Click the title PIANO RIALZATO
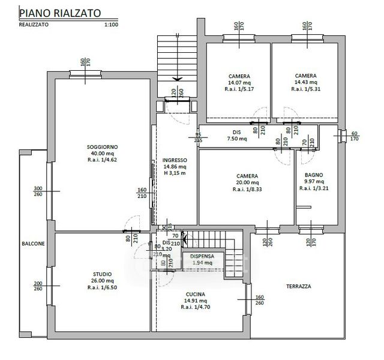click(x=59, y=11)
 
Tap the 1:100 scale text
click(x=111, y=25)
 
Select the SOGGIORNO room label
click(x=102, y=147)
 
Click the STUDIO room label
click(x=102, y=274)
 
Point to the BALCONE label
click(x=33, y=244)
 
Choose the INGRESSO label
click(x=175, y=160)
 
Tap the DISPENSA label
click(x=203, y=256)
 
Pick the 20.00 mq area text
click(x=247, y=182)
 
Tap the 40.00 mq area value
click(x=102, y=154)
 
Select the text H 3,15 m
click(x=175, y=173)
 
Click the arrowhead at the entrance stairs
click(x=177, y=78)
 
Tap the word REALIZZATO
click(x=34, y=25)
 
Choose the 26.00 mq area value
click(x=102, y=280)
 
